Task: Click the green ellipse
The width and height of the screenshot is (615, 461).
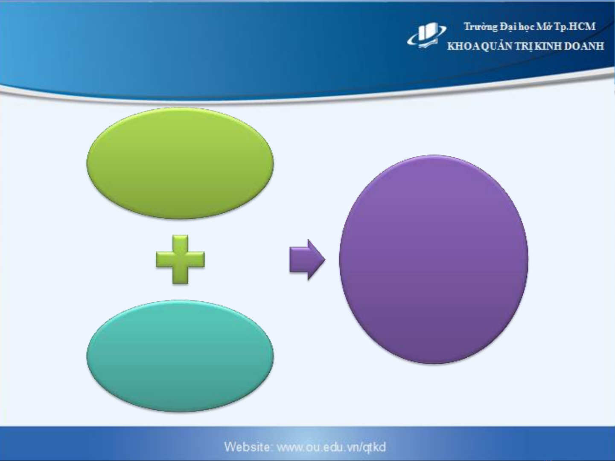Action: [x=180, y=163]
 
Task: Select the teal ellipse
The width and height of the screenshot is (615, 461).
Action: [x=180, y=356]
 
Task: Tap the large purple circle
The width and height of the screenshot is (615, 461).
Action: [x=434, y=259]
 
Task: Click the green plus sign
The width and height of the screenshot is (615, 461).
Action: [x=180, y=259]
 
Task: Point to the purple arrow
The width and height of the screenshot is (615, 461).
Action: [x=307, y=259]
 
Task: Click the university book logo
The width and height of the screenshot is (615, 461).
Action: [x=426, y=36]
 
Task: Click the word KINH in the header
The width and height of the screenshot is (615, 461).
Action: [x=548, y=46]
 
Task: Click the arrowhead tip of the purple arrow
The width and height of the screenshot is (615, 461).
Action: [x=325, y=259]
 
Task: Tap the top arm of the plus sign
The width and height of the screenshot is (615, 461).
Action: [x=180, y=243]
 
